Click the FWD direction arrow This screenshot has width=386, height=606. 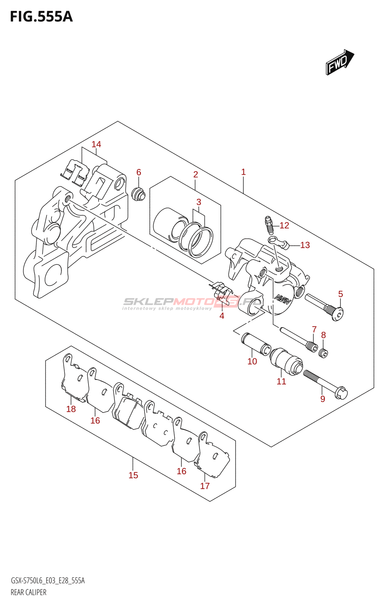(339, 62)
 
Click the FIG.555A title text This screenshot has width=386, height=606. (41, 17)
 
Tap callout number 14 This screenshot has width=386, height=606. (96, 144)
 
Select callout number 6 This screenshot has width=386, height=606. (139, 172)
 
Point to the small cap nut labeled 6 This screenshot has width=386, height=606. (138, 194)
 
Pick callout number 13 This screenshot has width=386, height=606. (305, 245)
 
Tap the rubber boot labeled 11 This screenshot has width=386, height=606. (286, 361)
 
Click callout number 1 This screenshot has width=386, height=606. (243, 172)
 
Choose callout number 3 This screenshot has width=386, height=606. (199, 202)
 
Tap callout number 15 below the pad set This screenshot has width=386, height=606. (133, 475)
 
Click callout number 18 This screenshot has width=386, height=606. (71, 409)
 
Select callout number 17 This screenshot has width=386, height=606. (205, 486)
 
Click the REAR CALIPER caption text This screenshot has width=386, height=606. (28, 592)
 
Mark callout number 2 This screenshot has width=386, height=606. (196, 175)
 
